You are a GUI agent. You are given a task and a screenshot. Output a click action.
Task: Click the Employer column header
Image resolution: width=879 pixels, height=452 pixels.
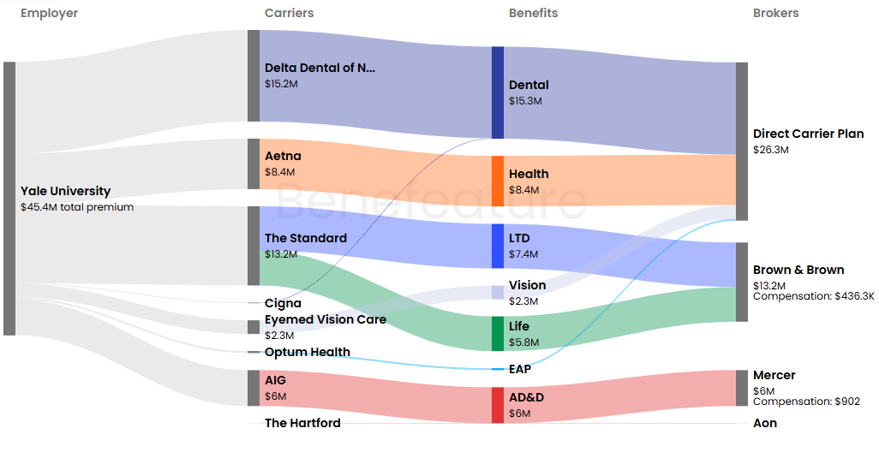point(49,13)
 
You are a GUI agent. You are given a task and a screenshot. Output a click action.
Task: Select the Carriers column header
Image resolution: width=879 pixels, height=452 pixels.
point(289,13)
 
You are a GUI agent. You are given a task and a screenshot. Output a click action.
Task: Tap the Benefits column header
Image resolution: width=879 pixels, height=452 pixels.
point(533,13)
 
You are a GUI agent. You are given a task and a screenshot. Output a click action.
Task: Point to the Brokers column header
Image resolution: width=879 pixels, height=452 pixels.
point(775,13)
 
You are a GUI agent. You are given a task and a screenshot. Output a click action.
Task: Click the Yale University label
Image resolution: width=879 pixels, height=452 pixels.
point(65,191)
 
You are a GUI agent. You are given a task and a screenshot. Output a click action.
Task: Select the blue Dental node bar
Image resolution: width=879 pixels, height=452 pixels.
point(498,92)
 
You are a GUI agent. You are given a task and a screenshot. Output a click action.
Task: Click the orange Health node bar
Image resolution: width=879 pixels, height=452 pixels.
point(498,181)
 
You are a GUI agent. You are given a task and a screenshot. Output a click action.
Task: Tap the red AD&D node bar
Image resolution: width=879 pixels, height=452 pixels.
point(498,405)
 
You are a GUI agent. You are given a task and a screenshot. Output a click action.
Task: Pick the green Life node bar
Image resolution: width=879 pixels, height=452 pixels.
point(498,333)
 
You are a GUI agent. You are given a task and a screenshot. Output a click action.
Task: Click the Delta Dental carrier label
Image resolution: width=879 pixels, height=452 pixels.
point(320,68)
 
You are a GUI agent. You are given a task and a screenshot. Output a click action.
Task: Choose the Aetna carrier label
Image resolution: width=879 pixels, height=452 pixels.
point(283,156)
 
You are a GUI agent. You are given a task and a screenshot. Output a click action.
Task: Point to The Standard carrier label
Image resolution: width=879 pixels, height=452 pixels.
point(305,238)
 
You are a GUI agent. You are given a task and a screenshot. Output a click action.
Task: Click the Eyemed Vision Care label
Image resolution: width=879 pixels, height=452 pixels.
point(325,319)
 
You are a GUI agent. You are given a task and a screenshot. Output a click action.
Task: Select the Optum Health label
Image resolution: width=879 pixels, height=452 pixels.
point(307,352)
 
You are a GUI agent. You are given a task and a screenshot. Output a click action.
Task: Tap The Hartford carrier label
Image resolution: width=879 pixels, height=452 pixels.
point(302,423)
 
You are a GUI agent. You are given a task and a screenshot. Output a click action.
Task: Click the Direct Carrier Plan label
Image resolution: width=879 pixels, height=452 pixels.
point(808,134)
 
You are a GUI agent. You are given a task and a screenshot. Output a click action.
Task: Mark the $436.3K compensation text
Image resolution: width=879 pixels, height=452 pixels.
point(813,296)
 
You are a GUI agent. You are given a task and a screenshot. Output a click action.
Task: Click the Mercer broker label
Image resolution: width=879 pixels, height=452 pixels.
point(774,375)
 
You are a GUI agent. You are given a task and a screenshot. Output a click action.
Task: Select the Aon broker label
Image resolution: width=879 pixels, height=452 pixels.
point(764,423)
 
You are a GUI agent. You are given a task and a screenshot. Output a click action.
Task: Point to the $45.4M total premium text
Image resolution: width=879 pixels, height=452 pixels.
point(76,207)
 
